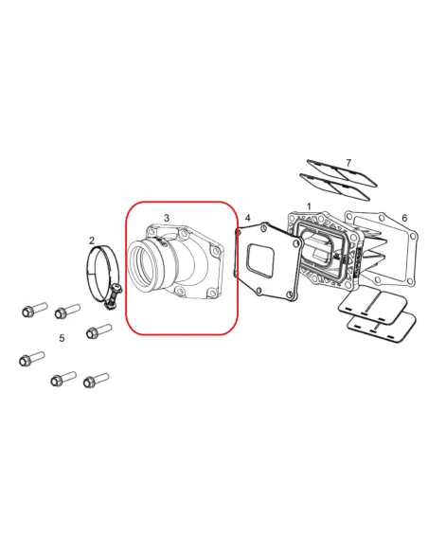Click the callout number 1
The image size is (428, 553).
pos(309,206)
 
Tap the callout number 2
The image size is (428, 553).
pos(92,241)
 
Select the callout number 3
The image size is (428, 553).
pos(167,218)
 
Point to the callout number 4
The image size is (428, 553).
pos(248,218)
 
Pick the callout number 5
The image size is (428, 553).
pos(62,338)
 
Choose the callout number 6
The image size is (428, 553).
pos(404,218)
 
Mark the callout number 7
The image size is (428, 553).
pos(348,163)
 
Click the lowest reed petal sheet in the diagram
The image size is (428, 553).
pos(381,328)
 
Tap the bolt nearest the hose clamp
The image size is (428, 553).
pos(99,331)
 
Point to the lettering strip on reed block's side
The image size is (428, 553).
pos(358,261)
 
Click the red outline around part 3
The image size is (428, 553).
pos(126,268)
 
